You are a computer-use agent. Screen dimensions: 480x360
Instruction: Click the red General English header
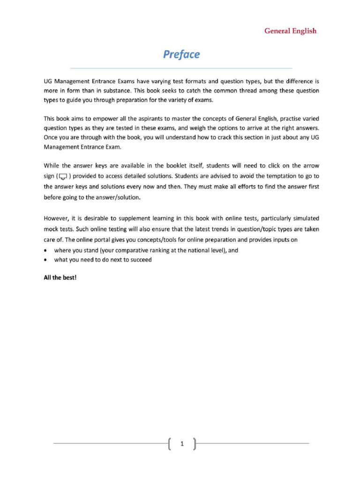point(290,31)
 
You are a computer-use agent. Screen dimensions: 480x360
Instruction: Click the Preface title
point(181,54)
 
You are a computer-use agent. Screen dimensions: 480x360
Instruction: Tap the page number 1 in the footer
point(181,443)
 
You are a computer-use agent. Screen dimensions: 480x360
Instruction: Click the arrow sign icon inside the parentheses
point(63,176)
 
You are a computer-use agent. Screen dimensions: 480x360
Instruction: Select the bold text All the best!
point(60,277)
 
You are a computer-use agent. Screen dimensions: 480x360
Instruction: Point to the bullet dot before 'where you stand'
point(45,250)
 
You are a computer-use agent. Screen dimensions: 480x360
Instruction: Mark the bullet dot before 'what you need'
point(45,260)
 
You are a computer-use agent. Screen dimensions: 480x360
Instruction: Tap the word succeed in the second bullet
point(141,260)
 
